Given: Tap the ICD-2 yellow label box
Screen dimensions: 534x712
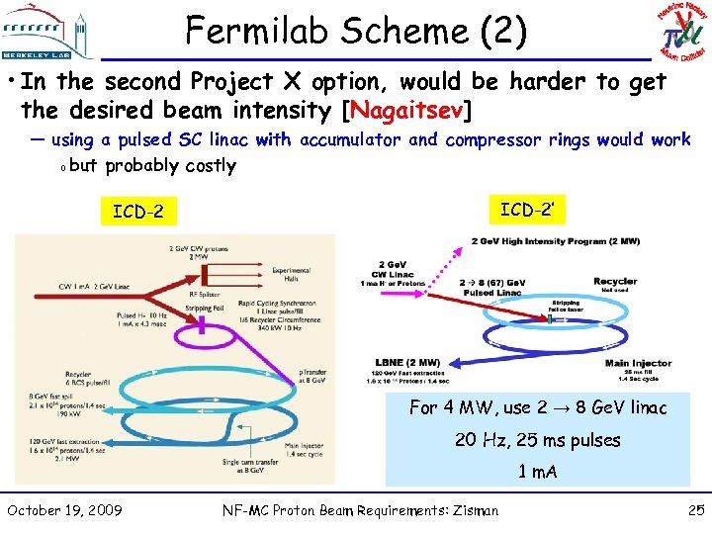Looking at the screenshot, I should click(138, 212).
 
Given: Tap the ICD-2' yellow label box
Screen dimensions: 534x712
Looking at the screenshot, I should click(526, 210).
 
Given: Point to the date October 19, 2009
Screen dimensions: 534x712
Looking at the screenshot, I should click(64, 510).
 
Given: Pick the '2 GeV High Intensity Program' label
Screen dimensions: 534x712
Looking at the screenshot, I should click(555, 241).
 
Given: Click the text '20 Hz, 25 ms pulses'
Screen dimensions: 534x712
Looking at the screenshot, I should click(537, 440).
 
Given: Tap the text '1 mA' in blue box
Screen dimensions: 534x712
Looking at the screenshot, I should click(537, 472).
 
